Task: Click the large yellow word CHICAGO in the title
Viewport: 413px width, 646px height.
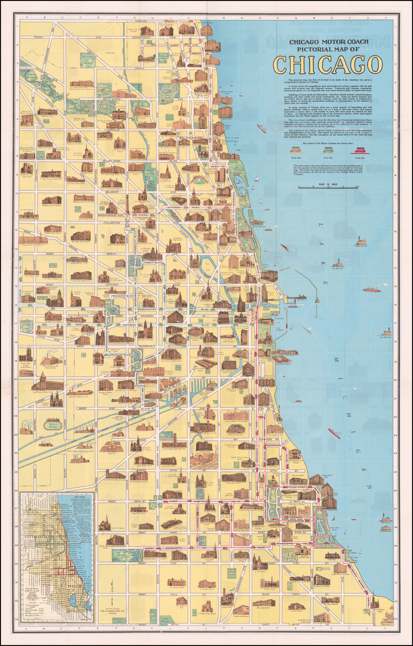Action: click(328, 64)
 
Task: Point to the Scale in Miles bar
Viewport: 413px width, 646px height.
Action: click(328, 187)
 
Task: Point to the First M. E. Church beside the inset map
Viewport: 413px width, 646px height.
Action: click(104, 524)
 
